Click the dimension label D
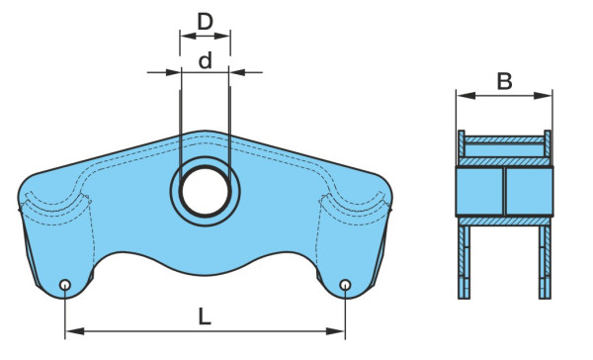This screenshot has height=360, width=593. click(x=206, y=22)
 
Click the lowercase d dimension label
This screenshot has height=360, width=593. click(x=206, y=60)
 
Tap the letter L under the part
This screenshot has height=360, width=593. click(x=205, y=316)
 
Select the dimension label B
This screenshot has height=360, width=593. click(x=504, y=81)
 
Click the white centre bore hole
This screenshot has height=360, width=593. click(x=205, y=191)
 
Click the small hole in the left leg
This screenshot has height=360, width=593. click(x=65, y=284)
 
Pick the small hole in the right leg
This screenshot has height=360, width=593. click(x=345, y=284)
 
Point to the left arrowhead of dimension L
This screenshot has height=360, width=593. click(x=74, y=331)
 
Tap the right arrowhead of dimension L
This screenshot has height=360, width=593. click(x=335, y=331)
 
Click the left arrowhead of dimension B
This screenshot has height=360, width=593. click(x=466, y=95)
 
